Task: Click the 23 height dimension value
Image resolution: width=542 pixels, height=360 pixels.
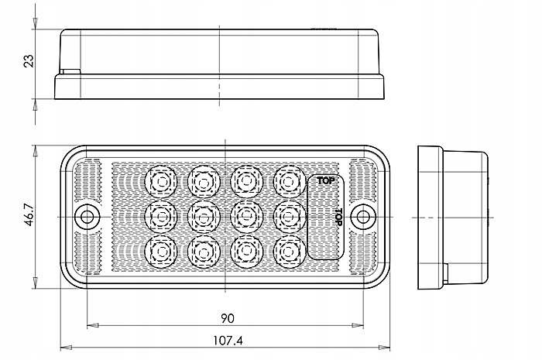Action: click(29, 61)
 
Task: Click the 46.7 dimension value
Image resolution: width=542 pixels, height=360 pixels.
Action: click(29, 215)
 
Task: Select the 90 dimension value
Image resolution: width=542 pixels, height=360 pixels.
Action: click(227, 318)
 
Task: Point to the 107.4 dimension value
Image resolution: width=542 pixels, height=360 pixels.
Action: click(228, 341)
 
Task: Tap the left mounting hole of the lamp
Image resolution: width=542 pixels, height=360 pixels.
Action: click(87, 217)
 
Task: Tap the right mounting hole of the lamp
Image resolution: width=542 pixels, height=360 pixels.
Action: click(362, 217)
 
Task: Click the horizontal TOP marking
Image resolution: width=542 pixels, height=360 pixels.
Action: click(326, 180)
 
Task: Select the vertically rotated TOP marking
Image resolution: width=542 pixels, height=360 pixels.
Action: click(339, 218)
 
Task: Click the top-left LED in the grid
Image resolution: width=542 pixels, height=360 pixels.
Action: click(161, 181)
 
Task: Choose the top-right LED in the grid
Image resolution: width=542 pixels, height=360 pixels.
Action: click(289, 181)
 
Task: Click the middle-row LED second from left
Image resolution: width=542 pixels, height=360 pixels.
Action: click(204, 217)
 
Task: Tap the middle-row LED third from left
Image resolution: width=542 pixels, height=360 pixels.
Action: click(246, 217)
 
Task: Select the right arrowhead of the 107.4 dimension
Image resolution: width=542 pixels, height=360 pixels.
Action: click(384, 348)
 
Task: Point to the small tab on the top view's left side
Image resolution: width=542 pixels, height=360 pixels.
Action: click(70, 71)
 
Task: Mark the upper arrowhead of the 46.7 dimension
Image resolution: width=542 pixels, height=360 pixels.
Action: click(35, 151)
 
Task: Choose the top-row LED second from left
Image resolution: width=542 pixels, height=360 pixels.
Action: click(204, 181)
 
